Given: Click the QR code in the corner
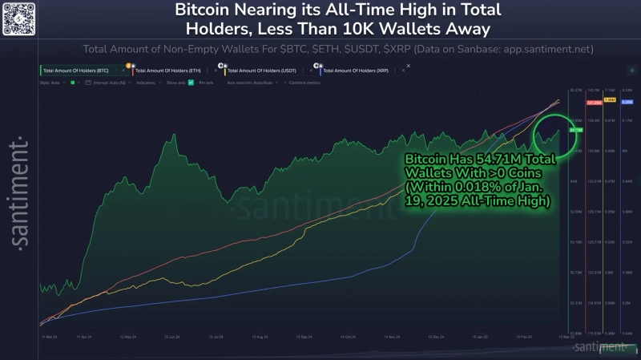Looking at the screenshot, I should pyautogui.click(x=18, y=18).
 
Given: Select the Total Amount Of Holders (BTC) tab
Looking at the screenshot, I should pyautogui.click(x=75, y=71).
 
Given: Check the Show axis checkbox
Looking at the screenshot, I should pyautogui.click(x=191, y=83).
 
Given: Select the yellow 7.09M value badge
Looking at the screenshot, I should pyautogui.click(x=609, y=100).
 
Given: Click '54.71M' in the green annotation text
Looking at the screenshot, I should pyautogui.click(x=490, y=159).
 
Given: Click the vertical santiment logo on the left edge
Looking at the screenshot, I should pyautogui.click(x=17, y=193).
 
